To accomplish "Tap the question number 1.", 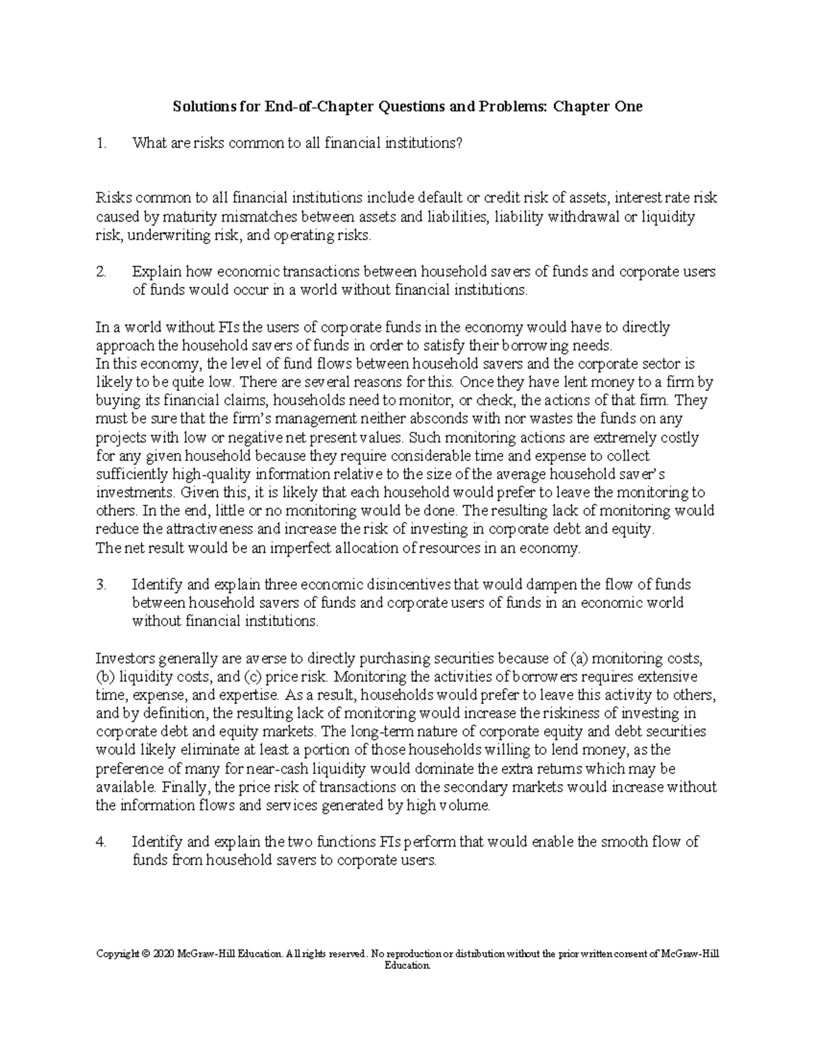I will coord(101,143).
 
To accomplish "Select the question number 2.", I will coord(101,272).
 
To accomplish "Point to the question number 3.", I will coord(101,585).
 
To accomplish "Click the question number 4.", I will coord(101,842).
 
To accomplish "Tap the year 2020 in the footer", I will coord(164,955).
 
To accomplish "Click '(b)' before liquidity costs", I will coord(105,677).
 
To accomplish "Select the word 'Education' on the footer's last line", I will coord(407,966).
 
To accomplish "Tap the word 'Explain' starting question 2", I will coord(156,272).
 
